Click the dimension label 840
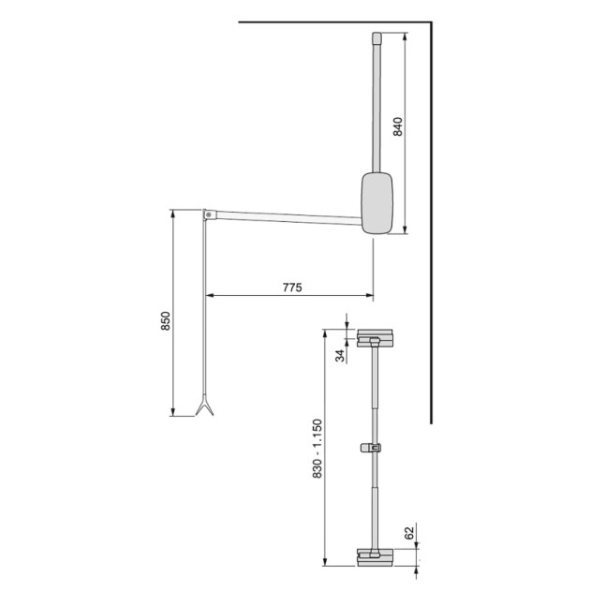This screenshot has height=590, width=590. click(397, 127)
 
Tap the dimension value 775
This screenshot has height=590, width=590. click(291, 288)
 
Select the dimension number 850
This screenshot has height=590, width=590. click(166, 321)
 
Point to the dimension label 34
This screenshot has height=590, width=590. click(341, 354)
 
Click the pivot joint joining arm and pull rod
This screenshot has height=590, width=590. click(207, 214)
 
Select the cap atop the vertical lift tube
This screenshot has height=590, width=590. click(376, 39)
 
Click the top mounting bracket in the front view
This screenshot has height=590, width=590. click(375, 335)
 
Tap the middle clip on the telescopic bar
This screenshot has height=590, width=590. click(374, 448)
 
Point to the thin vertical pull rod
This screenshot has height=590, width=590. click(204, 309)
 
